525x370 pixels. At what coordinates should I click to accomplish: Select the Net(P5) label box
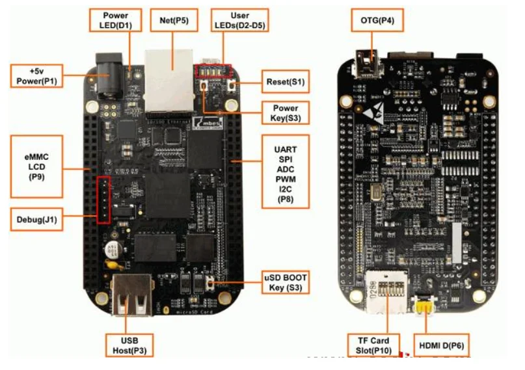(173, 20)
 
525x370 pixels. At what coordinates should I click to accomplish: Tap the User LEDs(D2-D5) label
(240, 20)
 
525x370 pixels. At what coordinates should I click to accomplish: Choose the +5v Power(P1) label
(37, 75)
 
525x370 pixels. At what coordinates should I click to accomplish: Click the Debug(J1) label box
(37, 220)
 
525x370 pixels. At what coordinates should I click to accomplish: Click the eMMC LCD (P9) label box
(37, 166)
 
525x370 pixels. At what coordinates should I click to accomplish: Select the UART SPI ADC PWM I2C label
(286, 171)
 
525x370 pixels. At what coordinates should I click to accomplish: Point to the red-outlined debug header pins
(103, 199)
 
